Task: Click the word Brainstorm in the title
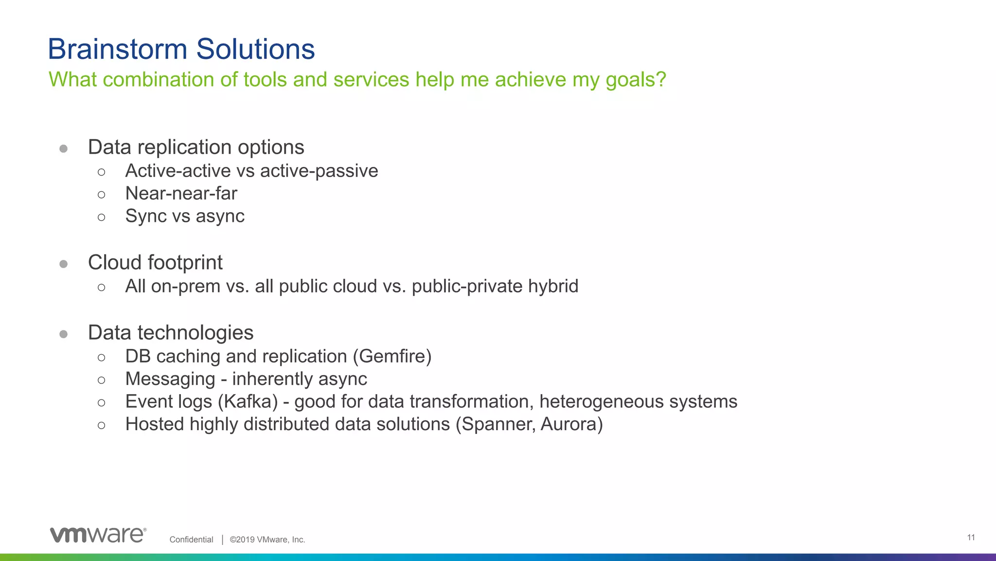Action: (117, 49)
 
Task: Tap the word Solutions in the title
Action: (255, 49)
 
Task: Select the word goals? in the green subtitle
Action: (636, 80)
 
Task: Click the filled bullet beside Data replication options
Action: (63, 148)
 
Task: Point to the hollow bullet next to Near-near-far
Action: (101, 195)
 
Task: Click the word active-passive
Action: (319, 171)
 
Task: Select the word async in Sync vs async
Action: (220, 217)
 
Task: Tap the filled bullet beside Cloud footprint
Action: (63, 264)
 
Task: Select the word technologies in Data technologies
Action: (196, 333)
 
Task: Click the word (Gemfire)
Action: (392, 357)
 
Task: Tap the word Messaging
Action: (170, 379)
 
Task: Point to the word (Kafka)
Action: (248, 402)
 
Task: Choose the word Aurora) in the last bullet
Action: (571, 424)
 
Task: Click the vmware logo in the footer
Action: (98, 535)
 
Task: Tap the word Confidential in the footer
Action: (191, 540)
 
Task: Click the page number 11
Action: (971, 538)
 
